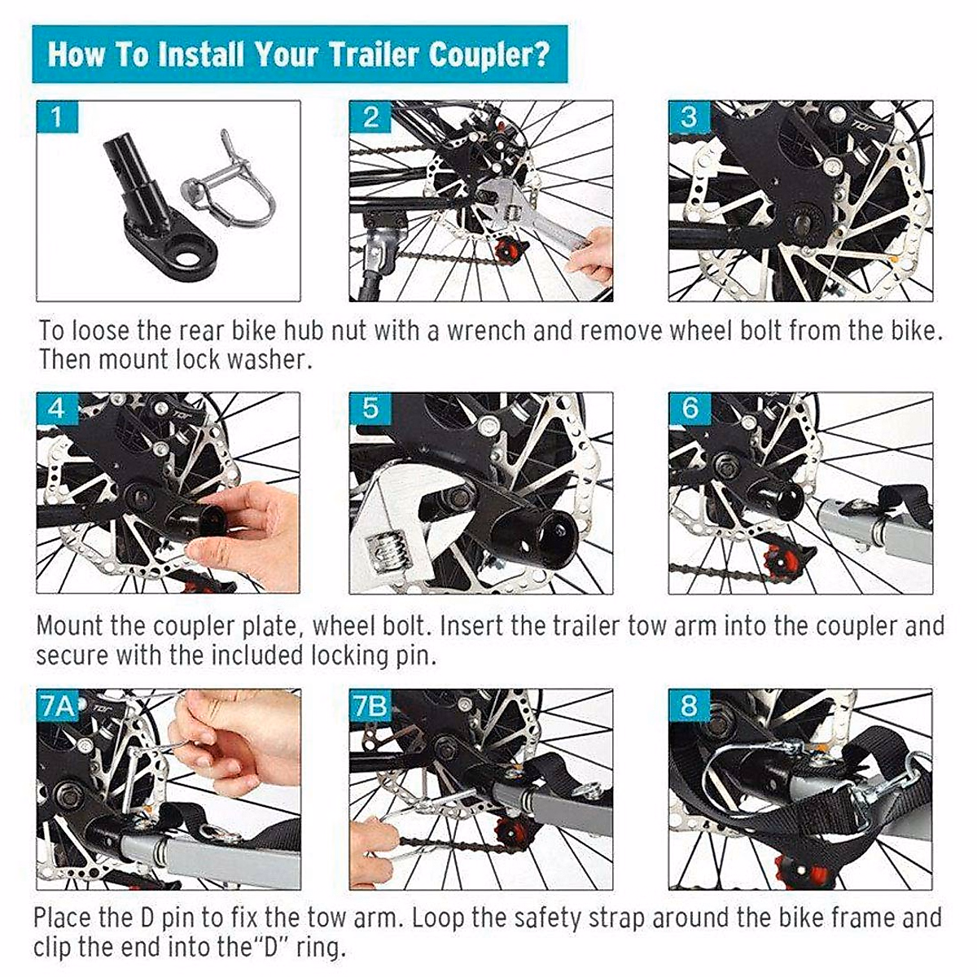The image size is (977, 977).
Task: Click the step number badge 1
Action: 57,117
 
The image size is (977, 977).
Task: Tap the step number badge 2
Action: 370,117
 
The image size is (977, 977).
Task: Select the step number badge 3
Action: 689,117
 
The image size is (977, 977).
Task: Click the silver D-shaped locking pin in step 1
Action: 232,187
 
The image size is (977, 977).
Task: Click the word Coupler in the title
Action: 488,55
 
